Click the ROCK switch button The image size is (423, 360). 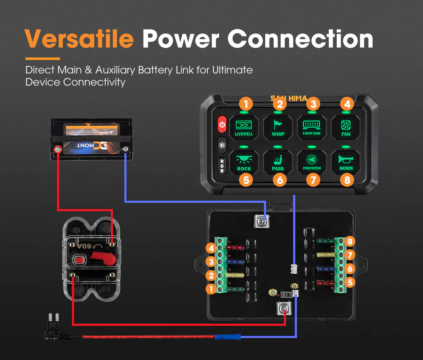tap(244, 162)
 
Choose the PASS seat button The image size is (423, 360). tap(278, 162)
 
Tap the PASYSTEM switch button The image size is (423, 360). tap(312, 162)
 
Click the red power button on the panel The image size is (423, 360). tap(222, 125)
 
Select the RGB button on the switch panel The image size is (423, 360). tap(222, 165)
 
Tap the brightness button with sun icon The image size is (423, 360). tap(222, 145)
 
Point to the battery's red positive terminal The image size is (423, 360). tap(57, 149)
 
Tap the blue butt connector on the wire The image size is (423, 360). tap(227, 337)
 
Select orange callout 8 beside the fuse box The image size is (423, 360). tap(349, 242)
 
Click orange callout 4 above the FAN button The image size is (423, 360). tap(346, 103)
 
